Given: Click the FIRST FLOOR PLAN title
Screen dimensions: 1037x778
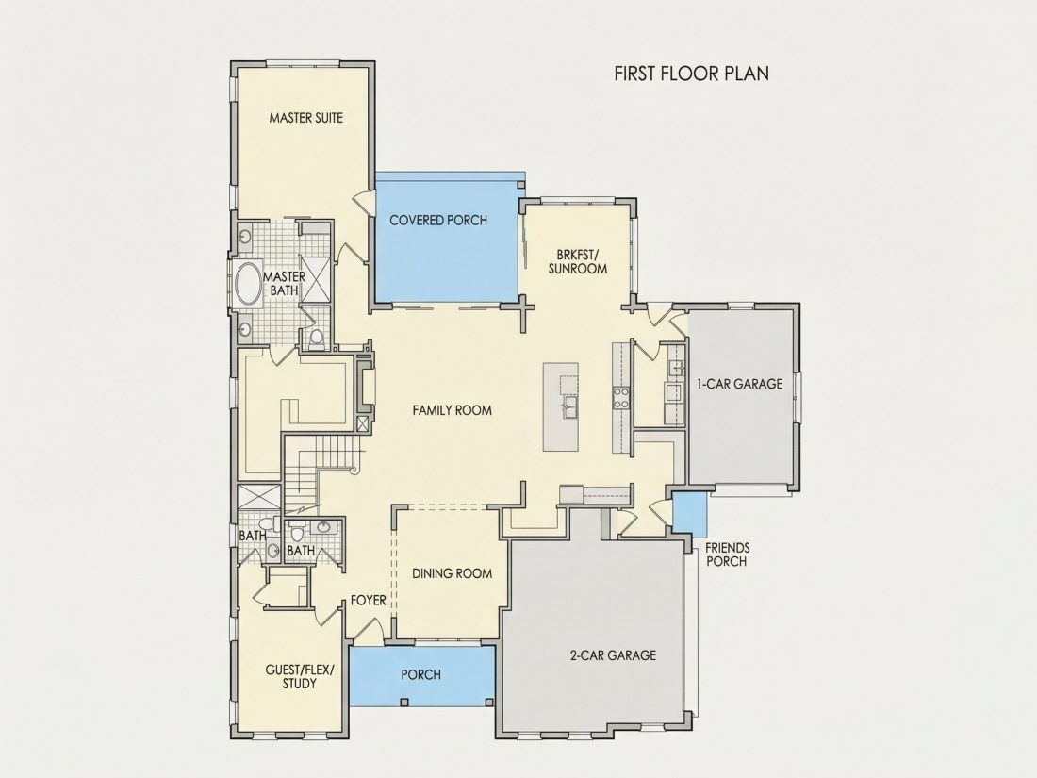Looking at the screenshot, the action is [x=692, y=73].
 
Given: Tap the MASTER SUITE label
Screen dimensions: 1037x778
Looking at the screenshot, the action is [x=306, y=118].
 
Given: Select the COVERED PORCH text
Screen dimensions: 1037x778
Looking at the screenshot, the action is [x=438, y=221].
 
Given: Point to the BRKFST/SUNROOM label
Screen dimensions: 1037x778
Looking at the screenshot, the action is [x=577, y=261].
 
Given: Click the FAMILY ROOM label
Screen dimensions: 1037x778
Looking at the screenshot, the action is [x=453, y=410].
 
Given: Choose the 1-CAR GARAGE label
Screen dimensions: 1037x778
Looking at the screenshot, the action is [x=739, y=384].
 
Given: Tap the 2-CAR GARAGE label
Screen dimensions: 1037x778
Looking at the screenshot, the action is [x=613, y=655].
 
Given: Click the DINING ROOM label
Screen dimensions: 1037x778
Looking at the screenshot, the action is [x=453, y=573].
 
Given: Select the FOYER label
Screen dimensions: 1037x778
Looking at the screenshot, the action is [x=369, y=600].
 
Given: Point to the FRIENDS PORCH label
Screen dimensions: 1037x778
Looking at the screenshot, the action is [x=728, y=555].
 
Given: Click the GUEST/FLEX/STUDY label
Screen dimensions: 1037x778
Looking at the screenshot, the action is [x=300, y=677].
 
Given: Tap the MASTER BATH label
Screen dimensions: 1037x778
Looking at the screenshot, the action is [x=285, y=283].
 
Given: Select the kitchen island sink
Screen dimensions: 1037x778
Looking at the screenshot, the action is [x=569, y=406].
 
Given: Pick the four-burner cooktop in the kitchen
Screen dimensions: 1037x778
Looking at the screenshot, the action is [x=621, y=397].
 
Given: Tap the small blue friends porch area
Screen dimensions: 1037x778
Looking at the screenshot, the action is [x=690, y=515].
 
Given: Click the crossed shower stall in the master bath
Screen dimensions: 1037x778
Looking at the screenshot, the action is [x=315, y=279].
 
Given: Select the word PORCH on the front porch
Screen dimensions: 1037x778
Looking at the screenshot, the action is [x=420, y=675].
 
